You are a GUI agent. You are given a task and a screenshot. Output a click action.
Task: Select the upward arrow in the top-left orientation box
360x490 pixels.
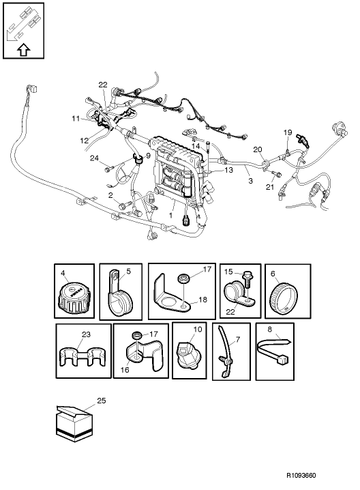(22, 48)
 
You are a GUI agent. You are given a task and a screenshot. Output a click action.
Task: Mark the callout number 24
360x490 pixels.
(93, 159)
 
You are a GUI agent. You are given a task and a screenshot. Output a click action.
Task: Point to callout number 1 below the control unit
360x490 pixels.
(170, 214)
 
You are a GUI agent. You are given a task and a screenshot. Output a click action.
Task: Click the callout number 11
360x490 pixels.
(75, 119)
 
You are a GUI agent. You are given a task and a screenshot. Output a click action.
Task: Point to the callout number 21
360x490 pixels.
(269, 186)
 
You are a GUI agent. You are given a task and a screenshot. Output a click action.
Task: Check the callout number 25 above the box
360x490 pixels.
(101, 401)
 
